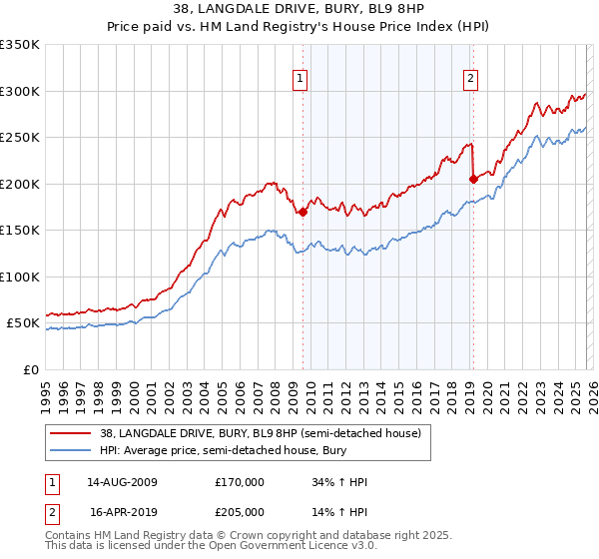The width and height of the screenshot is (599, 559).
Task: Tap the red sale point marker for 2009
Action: tap(302, 212)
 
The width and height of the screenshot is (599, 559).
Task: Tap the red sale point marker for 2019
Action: tap(472, 180)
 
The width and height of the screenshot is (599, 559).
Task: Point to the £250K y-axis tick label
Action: tap(20, 138)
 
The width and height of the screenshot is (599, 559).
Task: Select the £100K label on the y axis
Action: tap(20, 277)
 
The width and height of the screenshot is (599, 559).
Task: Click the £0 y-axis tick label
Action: tap(30, 369)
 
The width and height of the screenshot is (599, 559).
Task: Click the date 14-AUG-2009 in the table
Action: tap(123, 482)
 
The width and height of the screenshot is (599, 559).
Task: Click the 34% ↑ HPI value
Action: tap(340, 482)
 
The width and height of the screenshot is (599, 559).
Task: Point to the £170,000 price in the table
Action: tap(240, 482)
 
